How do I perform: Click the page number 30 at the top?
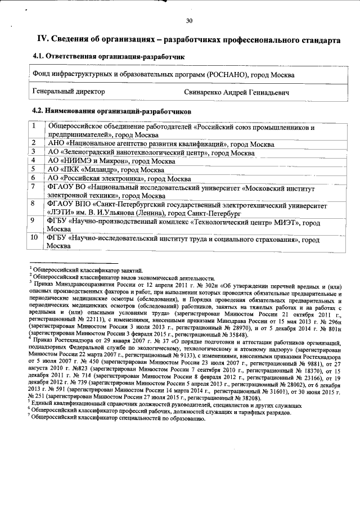189,21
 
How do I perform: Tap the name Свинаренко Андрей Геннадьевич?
236,91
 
